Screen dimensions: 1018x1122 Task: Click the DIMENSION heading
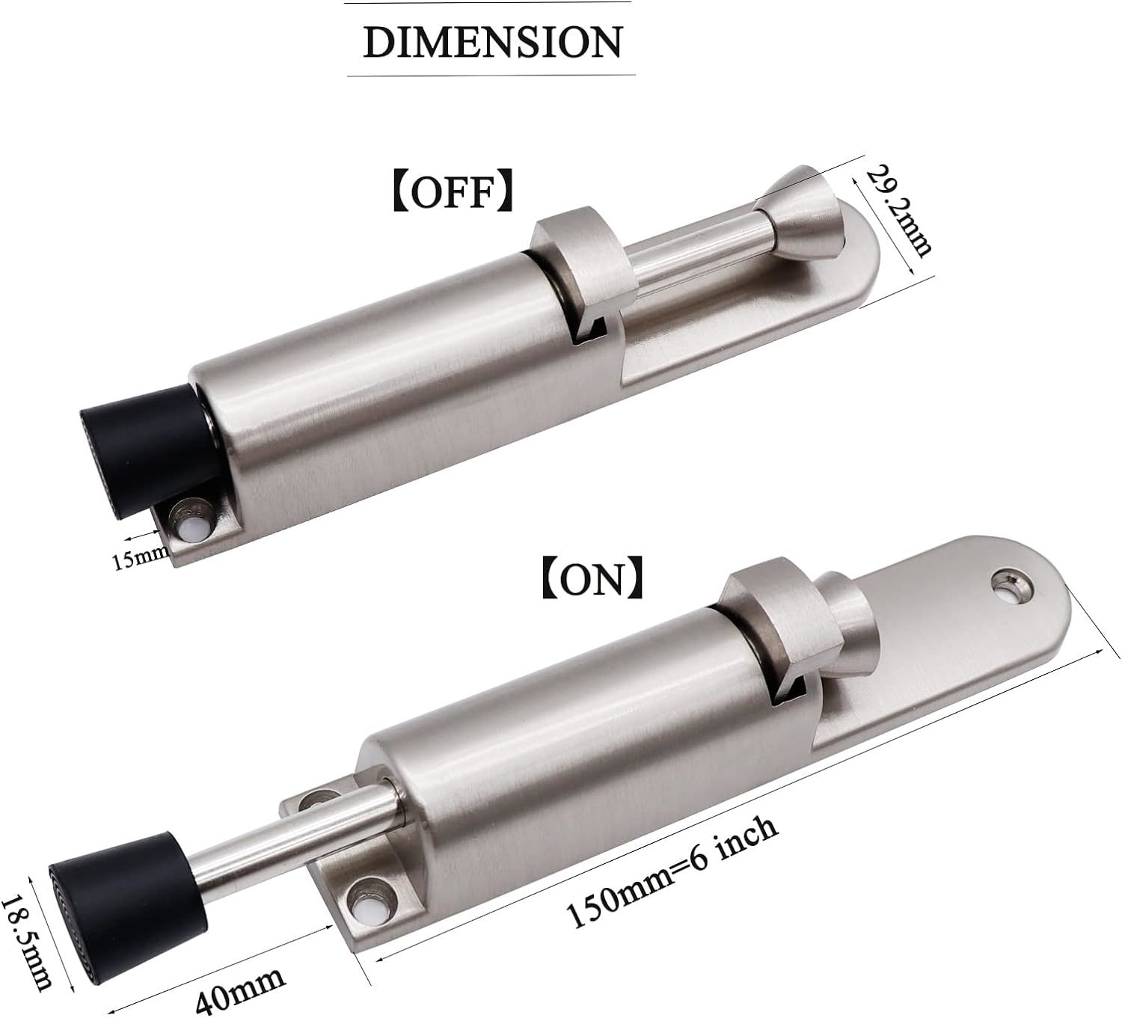(491, 41)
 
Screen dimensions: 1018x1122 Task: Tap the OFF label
(453, 194)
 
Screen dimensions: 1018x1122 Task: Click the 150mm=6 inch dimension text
(673, 879)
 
